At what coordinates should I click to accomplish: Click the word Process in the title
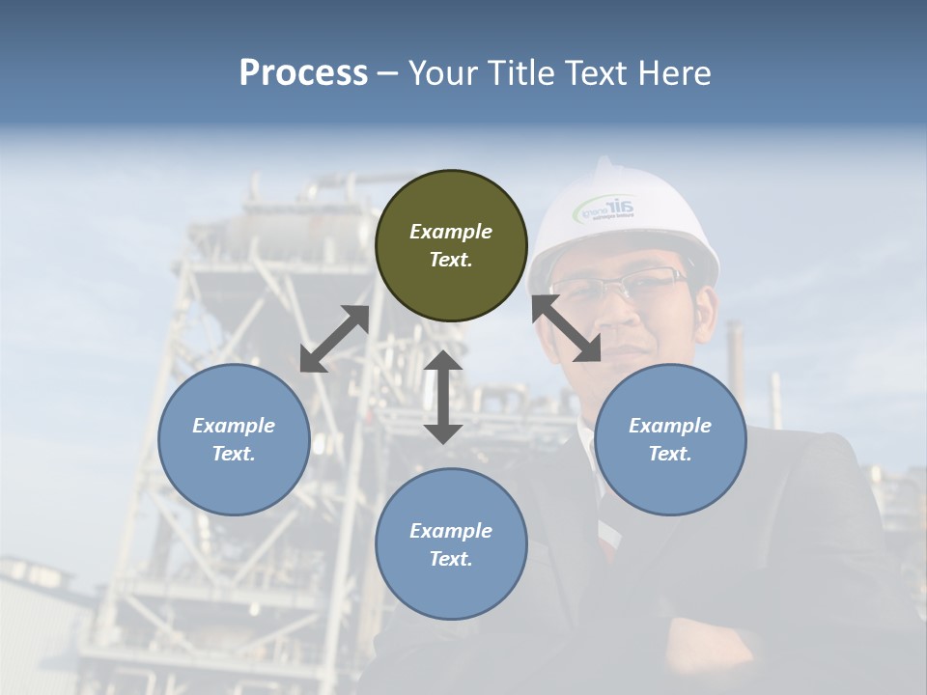(303, 72)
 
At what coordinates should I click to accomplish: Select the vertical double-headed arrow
(443, 397)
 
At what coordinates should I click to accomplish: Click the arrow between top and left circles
(334, 339)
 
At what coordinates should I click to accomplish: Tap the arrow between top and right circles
(566, 328)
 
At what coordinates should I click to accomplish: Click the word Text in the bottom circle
(451, 559)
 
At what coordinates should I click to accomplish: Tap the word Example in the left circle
(234, 425)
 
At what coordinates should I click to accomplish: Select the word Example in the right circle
(670, 425)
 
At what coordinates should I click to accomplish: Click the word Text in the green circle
(451, 260)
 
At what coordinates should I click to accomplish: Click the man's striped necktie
(607, 536)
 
